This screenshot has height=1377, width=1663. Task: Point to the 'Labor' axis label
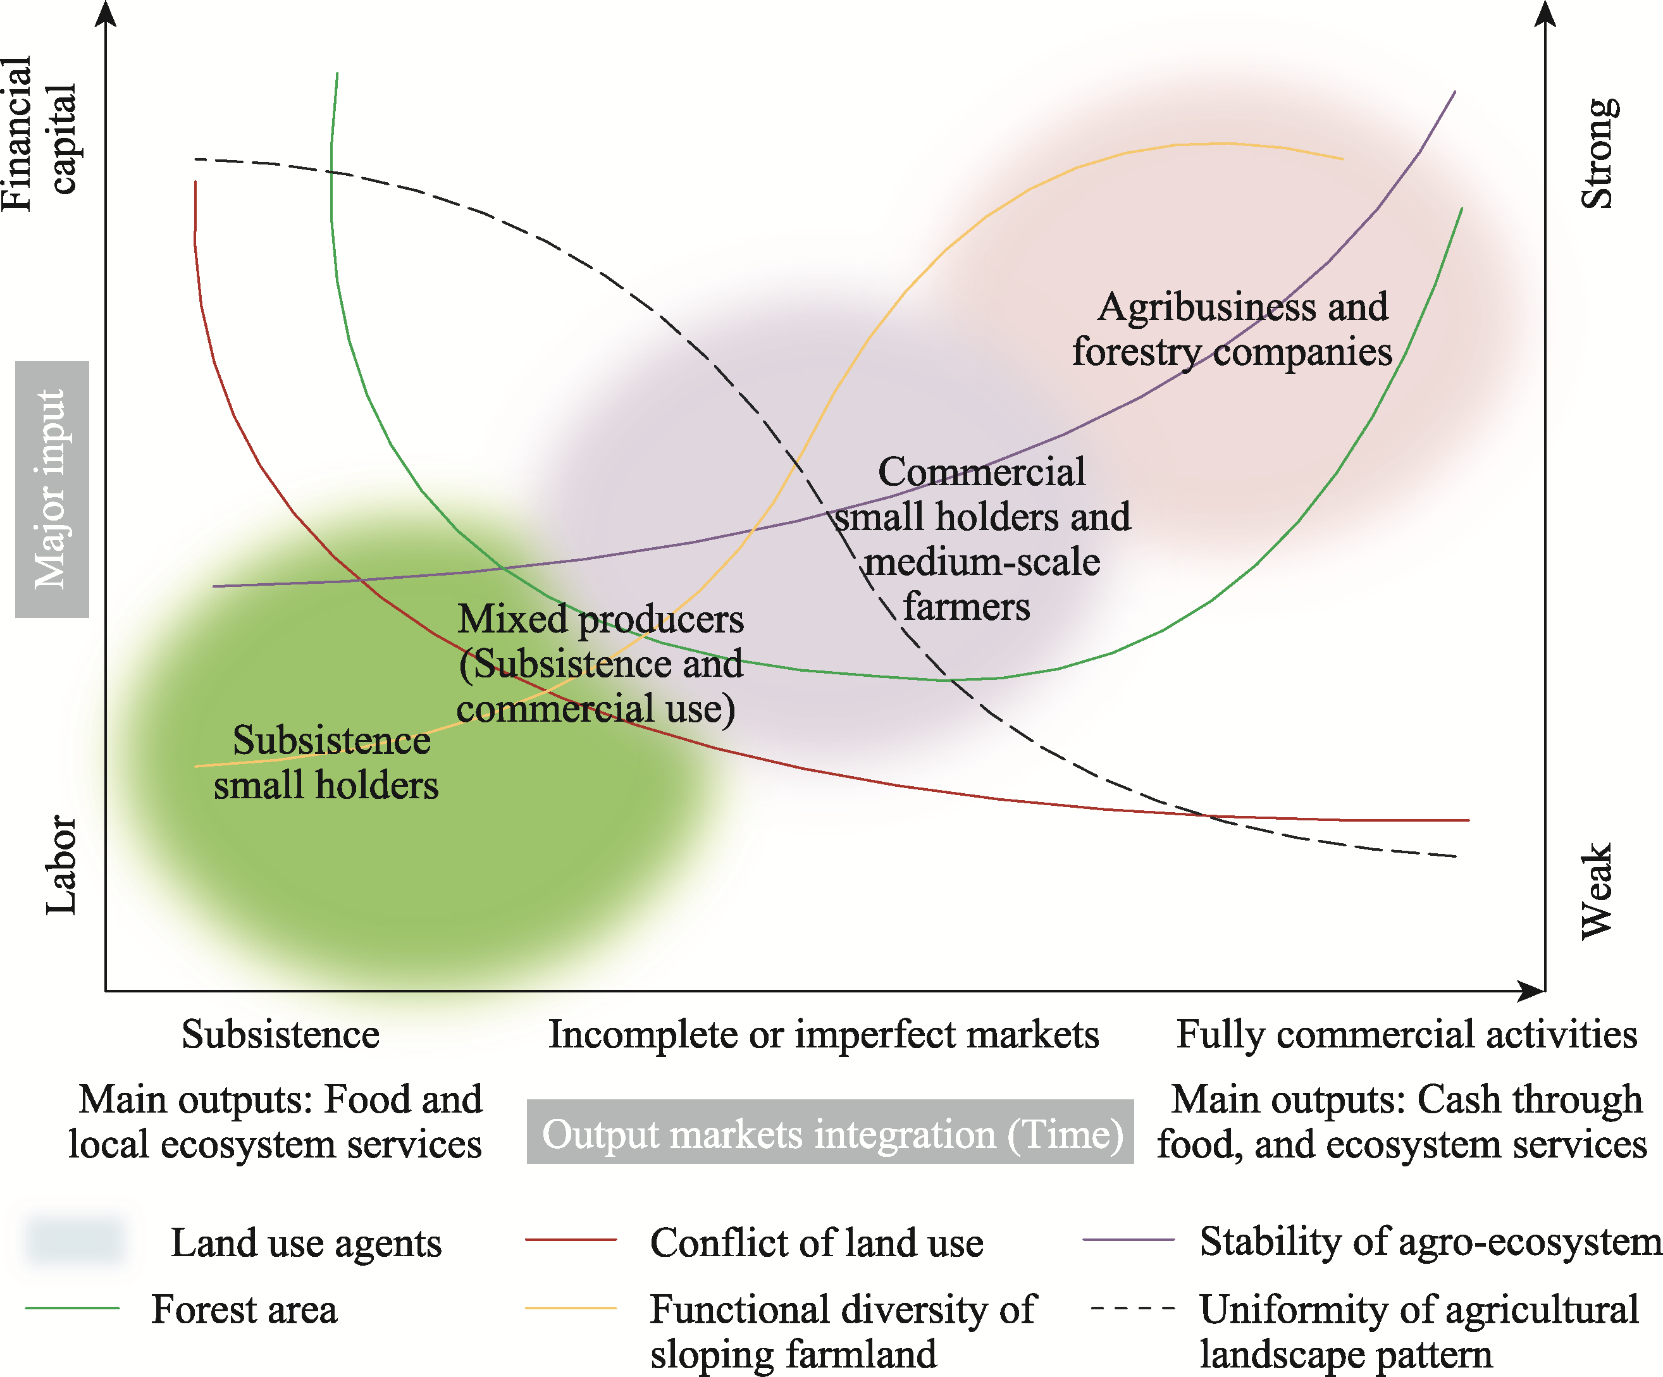(60, 865)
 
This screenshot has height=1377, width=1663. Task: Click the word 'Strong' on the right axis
(1598, 154)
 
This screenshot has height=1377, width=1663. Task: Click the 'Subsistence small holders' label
(327, 763)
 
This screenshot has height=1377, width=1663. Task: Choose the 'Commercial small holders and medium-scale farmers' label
(982, 538)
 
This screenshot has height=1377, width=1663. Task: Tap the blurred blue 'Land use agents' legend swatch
(75, 1240)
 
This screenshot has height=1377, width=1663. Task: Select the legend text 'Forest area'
(244, 1309)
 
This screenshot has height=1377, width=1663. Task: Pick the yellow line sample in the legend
(570, 1308)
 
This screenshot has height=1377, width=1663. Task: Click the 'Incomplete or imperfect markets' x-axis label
(824, 1034)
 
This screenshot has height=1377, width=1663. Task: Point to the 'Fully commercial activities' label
(1406, 1034)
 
